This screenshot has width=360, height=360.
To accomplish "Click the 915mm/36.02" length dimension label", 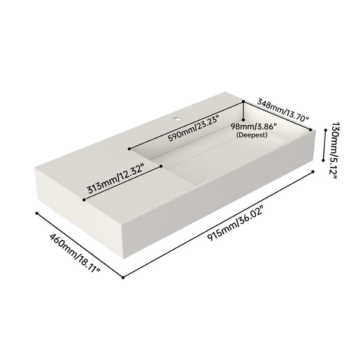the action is [x=235, y=223].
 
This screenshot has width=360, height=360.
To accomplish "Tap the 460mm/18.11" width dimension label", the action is [x=74, y=253].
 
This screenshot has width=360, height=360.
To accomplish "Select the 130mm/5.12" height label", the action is [x=334, y=151].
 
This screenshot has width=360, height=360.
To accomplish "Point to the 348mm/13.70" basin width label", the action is [x=283, y=110].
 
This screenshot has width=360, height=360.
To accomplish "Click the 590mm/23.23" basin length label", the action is [x=193, y=128].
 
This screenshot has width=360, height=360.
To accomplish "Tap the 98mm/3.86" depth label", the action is [x=254, y=126].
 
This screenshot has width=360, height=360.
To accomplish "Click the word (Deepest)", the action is [x=252, y=135].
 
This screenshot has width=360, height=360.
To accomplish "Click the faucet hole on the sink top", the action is [x=177, y=118].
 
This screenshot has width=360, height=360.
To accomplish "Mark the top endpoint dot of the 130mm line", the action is [x=325, y=130].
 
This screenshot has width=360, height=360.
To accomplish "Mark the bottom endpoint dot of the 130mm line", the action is [x=323, y=160].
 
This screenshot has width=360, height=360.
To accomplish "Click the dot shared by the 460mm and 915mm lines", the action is [x=123, y=278].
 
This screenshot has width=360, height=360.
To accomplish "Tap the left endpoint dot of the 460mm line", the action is [x=37, y=213].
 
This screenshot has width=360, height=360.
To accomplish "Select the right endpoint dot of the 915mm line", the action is [x=313, y=172].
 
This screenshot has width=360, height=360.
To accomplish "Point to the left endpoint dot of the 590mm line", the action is [x=130, y=149].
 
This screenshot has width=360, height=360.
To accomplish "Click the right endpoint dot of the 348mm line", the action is [x=311, y=130].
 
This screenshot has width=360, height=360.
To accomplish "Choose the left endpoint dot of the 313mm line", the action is [x=84, y=200].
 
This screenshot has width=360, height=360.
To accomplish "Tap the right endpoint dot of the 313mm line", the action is [x=161, y=166].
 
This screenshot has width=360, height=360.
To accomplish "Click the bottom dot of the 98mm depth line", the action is [x=244, y=119].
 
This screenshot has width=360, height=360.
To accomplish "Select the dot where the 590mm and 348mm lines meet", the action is [x=244, y=101].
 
